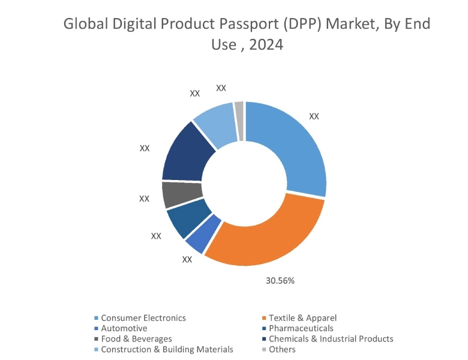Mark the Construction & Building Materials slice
pos(216,123)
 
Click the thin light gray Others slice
pos(239,120)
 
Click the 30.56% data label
pos(280,280)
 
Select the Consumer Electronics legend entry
pos(143,318)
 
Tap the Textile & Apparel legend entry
pos(302,318)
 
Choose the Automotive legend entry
pos(124,328)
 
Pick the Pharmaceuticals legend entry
pos(301,328)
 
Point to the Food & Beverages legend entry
pos(136,338)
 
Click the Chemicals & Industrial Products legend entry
pos(331,338)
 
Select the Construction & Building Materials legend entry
pos(167,349)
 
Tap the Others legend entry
pos(282,349)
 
